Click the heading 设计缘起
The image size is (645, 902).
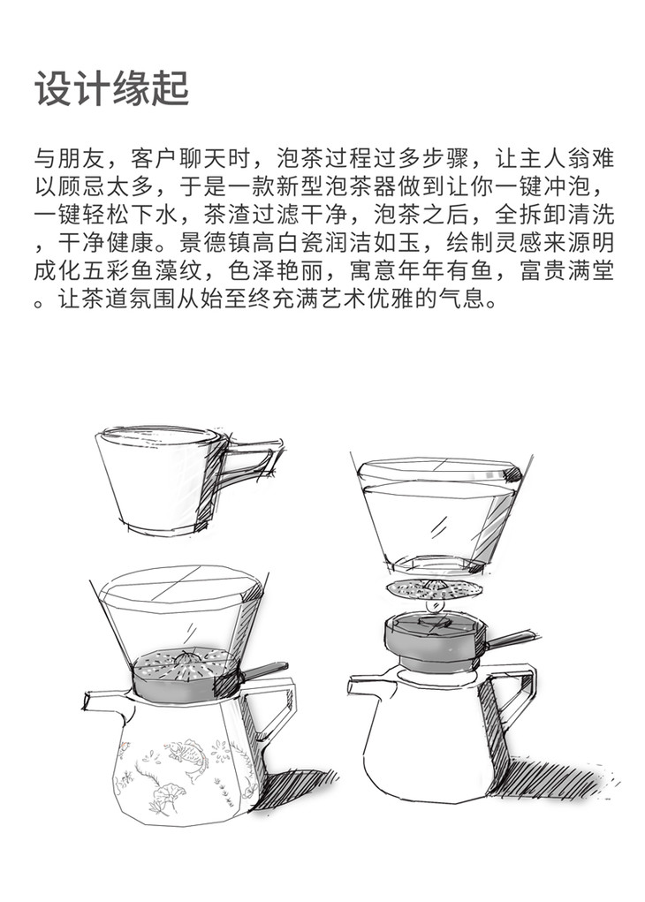pyautogui.click(x=112, y=89)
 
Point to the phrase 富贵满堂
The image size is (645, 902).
pyautogui.click(x=566, y=270)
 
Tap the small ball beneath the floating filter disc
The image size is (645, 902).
pyautogui.click(x=436, y=606)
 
